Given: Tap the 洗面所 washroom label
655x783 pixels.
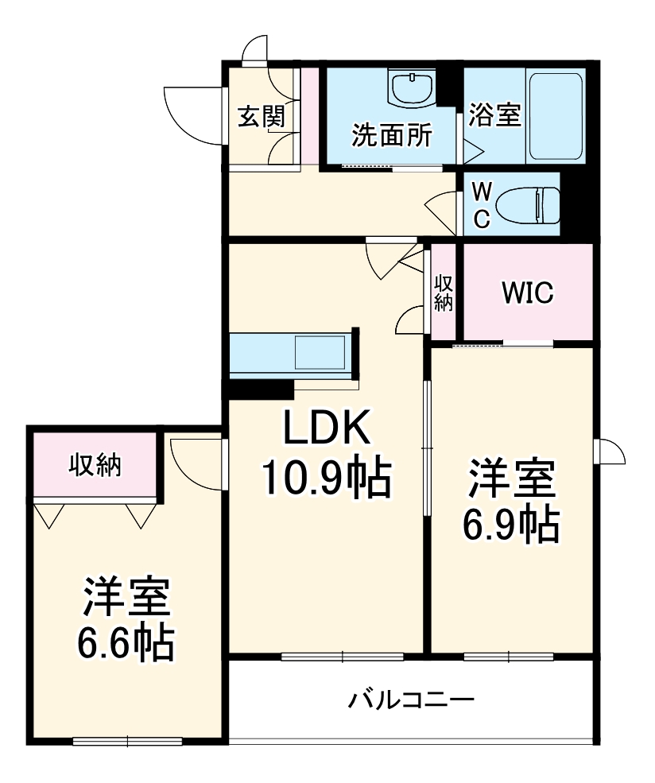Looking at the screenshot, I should click(x=392, y=134).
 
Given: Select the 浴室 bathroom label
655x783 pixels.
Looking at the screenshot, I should click(x=494, y=116).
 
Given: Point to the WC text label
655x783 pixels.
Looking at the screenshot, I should click(x=482, y=204).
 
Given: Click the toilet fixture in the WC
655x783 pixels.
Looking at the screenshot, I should click(x=526, y=206).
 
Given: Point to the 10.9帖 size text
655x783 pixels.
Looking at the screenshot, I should click(x=327, y=479).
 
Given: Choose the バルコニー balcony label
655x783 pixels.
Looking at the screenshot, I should click(x=411, y=700).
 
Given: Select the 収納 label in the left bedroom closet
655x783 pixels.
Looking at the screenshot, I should click(x=95, y=464).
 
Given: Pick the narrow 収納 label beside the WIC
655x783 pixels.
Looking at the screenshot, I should click(x=443, y=293).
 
